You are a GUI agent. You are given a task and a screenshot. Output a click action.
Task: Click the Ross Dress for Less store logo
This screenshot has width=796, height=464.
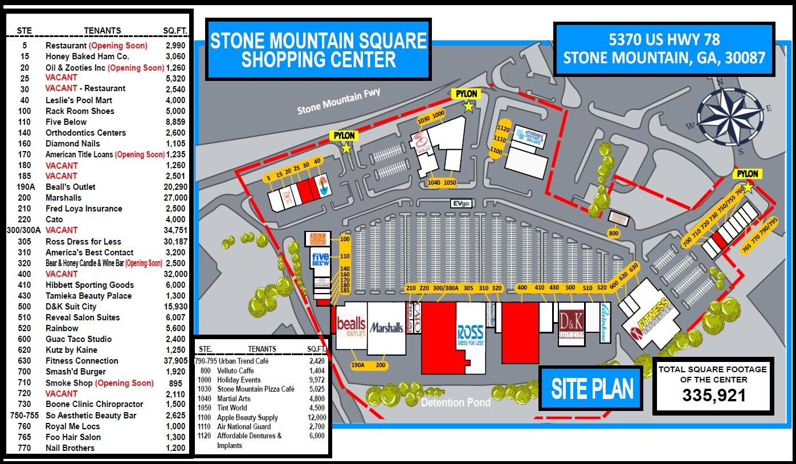(470, 335)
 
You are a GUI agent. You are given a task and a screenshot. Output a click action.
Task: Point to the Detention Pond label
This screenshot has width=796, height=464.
(455, 403)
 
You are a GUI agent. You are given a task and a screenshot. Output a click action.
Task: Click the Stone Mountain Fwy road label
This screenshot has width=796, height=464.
(338, 100)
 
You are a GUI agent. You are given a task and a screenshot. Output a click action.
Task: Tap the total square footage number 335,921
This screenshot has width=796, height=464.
(713, 395)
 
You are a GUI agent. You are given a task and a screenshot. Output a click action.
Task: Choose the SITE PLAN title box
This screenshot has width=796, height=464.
(592, 389)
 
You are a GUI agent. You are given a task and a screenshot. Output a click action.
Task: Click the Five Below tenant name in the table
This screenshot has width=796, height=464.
(66, 121)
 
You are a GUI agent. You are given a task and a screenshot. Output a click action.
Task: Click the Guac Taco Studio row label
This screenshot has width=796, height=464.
(79, 339)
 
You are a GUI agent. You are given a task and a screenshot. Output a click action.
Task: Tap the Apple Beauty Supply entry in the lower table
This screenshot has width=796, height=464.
(247, 417)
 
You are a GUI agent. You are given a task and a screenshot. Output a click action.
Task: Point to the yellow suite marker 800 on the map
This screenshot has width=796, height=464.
(613, 233)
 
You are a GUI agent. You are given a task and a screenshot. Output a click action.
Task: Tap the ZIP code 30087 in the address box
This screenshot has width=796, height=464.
(745, 58)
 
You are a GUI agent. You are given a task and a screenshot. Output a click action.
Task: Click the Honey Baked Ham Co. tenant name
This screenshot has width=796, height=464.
(87, 56)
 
